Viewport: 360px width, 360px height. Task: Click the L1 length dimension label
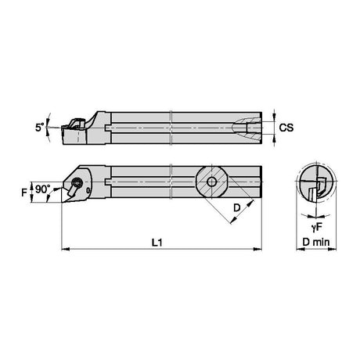point(157,243)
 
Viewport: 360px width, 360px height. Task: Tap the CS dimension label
point(286,128)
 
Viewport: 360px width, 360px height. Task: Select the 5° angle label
point(40,128)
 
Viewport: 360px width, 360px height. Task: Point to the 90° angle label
point(43,189)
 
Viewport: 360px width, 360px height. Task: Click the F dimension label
point(24,193)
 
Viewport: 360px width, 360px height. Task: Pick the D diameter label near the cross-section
point(236,208)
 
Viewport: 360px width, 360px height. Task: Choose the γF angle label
point(317,228)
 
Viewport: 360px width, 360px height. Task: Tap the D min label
point(316,242)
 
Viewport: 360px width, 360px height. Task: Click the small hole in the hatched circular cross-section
point(211,182)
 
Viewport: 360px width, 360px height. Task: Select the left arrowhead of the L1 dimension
point(65,249)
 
